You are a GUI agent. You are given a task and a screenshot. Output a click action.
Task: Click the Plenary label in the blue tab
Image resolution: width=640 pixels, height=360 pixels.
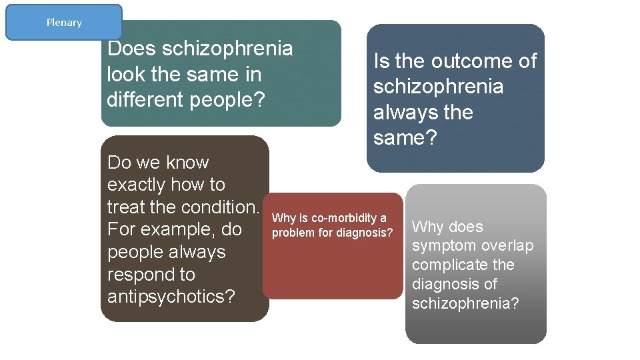(64, 23)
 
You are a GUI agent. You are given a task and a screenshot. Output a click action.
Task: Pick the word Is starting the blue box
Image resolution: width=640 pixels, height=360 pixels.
(381, 61)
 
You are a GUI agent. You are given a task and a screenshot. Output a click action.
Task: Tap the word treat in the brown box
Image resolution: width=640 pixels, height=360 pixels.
(127, 207)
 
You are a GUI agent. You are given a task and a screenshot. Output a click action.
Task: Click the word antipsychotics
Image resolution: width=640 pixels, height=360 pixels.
(171, 297)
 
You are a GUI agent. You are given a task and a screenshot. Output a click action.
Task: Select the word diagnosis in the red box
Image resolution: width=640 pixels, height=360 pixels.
(367, 233)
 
